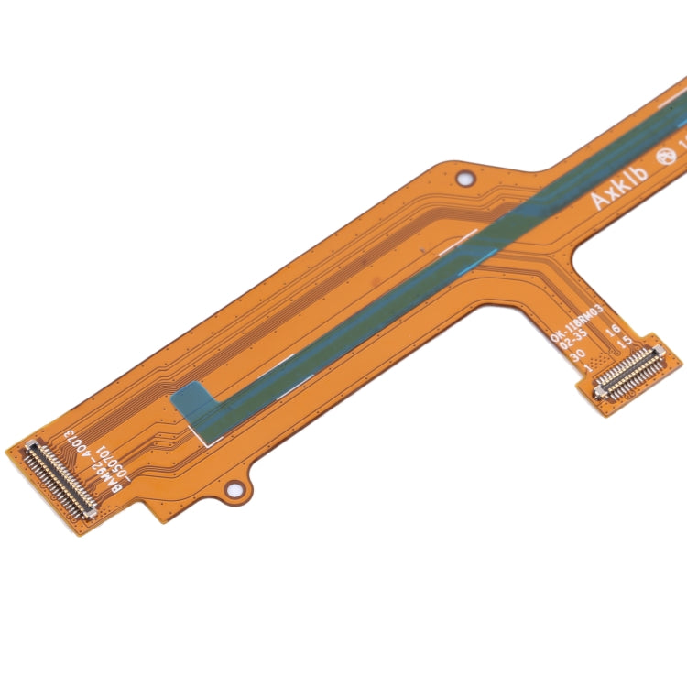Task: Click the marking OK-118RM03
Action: tap(576, 324)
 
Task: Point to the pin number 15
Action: tap(625, 343)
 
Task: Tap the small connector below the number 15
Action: tap(629, 373)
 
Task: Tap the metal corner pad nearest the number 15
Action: tap(659, 349)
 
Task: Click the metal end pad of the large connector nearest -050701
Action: tap(90, 514)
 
